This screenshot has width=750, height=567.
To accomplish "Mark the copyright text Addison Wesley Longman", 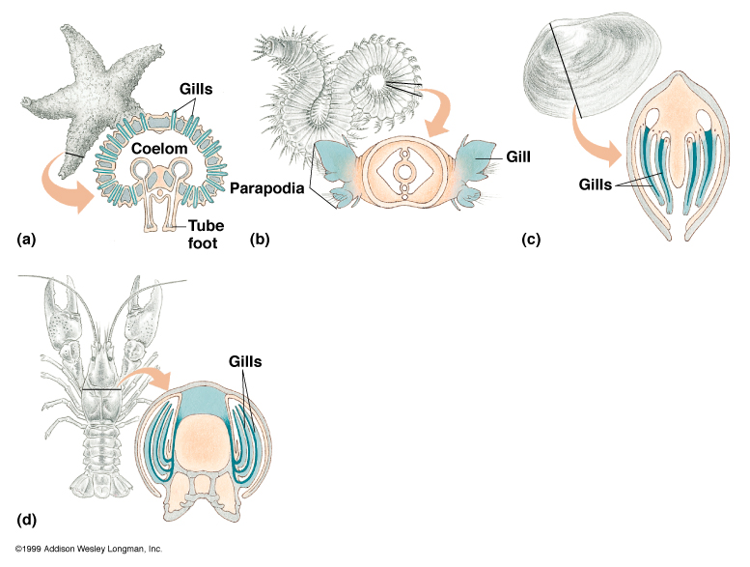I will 82,549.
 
